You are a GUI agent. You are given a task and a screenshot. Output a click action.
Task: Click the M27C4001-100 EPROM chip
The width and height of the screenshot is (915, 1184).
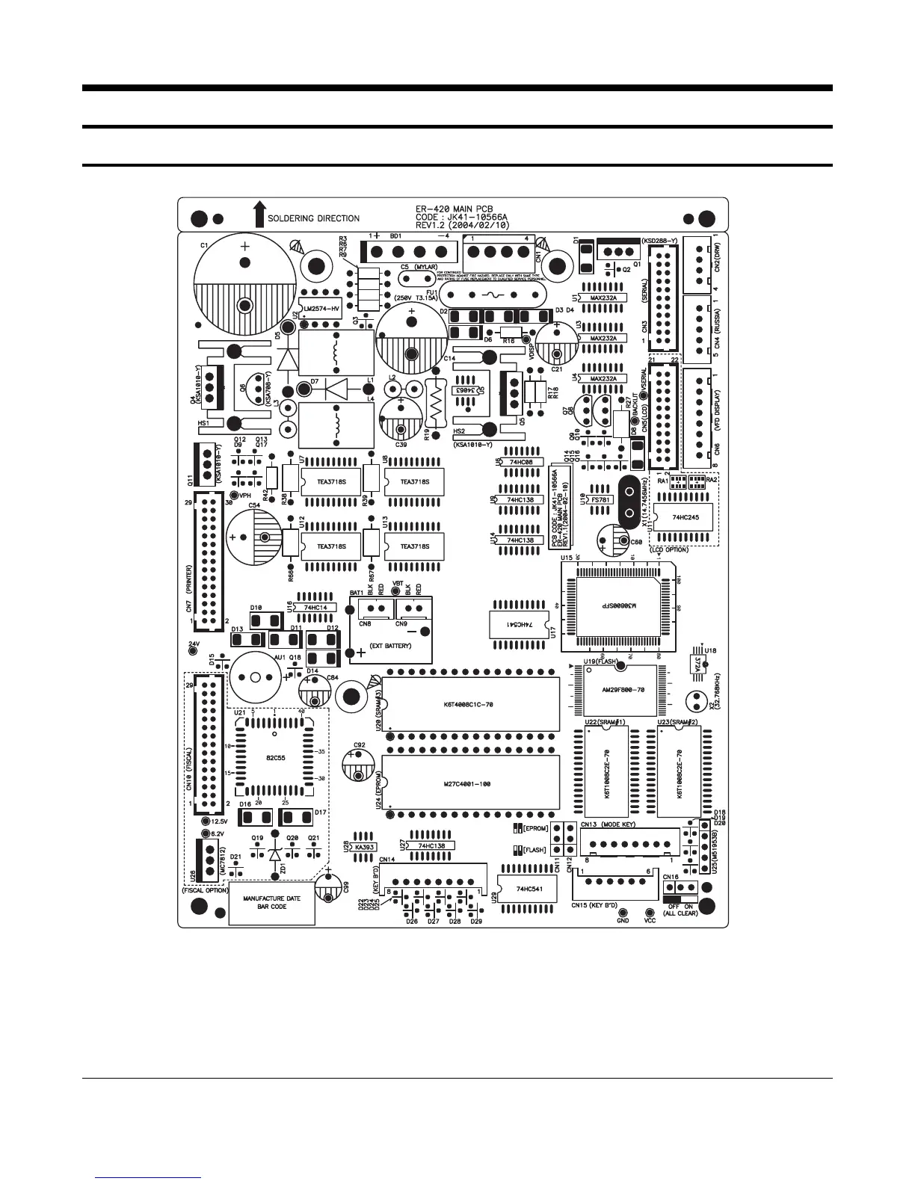click(x=471, y=783)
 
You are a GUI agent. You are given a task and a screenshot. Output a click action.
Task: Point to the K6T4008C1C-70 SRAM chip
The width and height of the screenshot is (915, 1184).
click(x=472, y=704)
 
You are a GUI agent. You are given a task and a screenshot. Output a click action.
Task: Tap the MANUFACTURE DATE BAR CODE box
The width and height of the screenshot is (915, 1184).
click(x=271, y=902)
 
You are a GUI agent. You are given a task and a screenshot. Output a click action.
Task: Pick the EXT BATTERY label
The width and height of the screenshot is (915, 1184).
click(x=390, y=645)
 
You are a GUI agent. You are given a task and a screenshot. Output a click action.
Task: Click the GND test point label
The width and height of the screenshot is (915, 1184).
click(x=623, y=921)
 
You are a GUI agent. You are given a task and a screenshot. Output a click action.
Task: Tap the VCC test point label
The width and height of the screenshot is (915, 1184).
click(x=650, y=921)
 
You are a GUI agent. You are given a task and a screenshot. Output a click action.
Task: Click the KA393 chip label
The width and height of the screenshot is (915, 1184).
click(x=364, y=847)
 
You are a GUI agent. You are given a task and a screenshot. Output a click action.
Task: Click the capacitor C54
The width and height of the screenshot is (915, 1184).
click(x=253, y=537)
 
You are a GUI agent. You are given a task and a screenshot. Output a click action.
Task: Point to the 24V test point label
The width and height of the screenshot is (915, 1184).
click(x=194, y=643)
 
